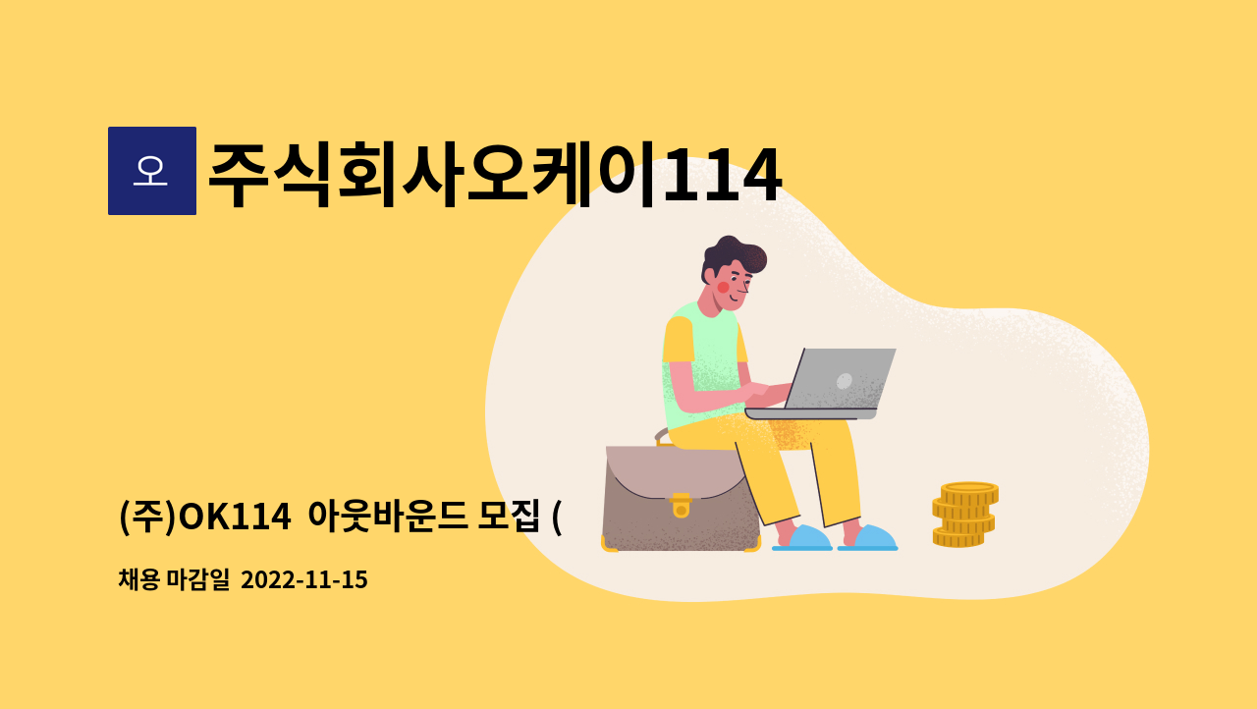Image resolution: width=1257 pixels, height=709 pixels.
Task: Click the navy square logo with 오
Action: pos(152,171)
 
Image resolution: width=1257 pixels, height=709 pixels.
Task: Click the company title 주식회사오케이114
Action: pos(494,176)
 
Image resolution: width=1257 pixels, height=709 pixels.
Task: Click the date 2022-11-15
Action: pos(303,580)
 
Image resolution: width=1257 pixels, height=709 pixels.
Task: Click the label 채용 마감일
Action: pos(174,580)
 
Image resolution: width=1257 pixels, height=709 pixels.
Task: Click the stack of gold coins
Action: pos(965,515)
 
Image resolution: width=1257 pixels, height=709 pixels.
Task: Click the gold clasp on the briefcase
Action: pos(681,507)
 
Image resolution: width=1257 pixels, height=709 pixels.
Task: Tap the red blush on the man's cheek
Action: pos(724,288)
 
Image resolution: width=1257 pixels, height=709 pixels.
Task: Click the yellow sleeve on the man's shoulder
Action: pos(678,340)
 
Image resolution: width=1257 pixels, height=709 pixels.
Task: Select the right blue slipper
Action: pos(870,538)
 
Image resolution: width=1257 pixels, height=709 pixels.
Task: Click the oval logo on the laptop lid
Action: pos(844,380)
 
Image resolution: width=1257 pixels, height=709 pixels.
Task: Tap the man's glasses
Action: pos(743,283)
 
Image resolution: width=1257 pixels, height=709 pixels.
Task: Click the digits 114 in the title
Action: pos(722,176)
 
